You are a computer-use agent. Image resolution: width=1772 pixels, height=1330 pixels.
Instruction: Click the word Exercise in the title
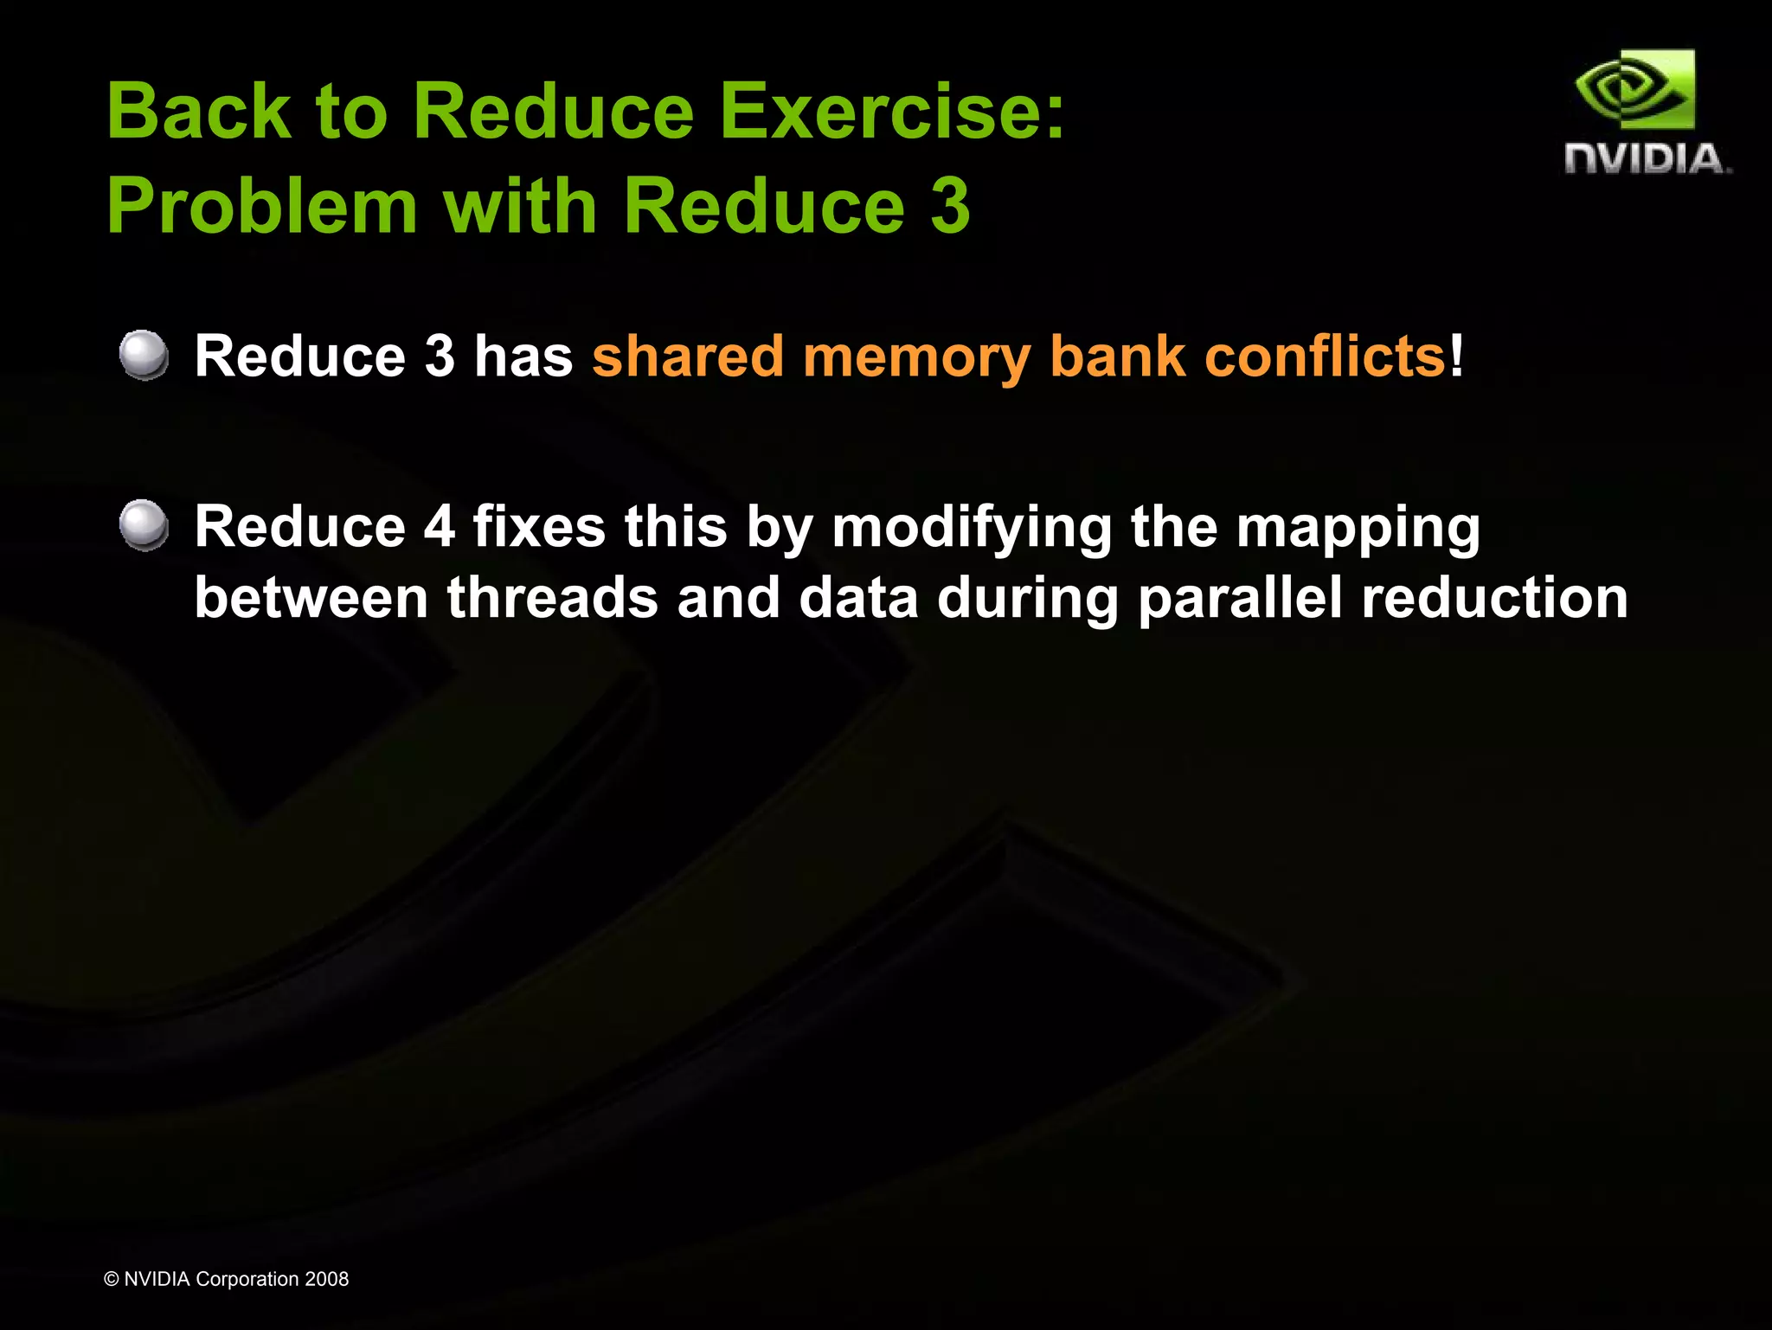(x=891, y=112)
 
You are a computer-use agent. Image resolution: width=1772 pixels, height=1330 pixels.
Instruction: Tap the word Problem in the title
(x=262, y=208)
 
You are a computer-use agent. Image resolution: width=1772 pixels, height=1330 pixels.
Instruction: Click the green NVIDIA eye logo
(x=1634, y=91)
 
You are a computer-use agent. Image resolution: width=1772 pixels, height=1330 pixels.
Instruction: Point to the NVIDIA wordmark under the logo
(x=1646, y=160)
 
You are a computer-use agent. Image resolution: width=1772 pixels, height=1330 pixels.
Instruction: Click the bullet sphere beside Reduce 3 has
(x=144, y=355)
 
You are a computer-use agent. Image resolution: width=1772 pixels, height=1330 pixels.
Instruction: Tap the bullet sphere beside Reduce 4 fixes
(x=144, y=525)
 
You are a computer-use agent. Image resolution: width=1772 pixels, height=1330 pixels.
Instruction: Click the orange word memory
(x=915, y=357)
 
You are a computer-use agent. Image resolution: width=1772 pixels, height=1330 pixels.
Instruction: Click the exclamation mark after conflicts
(x=1457, y=356)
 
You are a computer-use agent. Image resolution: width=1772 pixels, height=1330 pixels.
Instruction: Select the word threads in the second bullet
(x=551, y=598)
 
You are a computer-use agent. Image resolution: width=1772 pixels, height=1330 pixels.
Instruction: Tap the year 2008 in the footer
(x=326, y=1279)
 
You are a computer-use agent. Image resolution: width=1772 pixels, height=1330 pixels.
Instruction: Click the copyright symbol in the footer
(x=111, y=1280)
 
